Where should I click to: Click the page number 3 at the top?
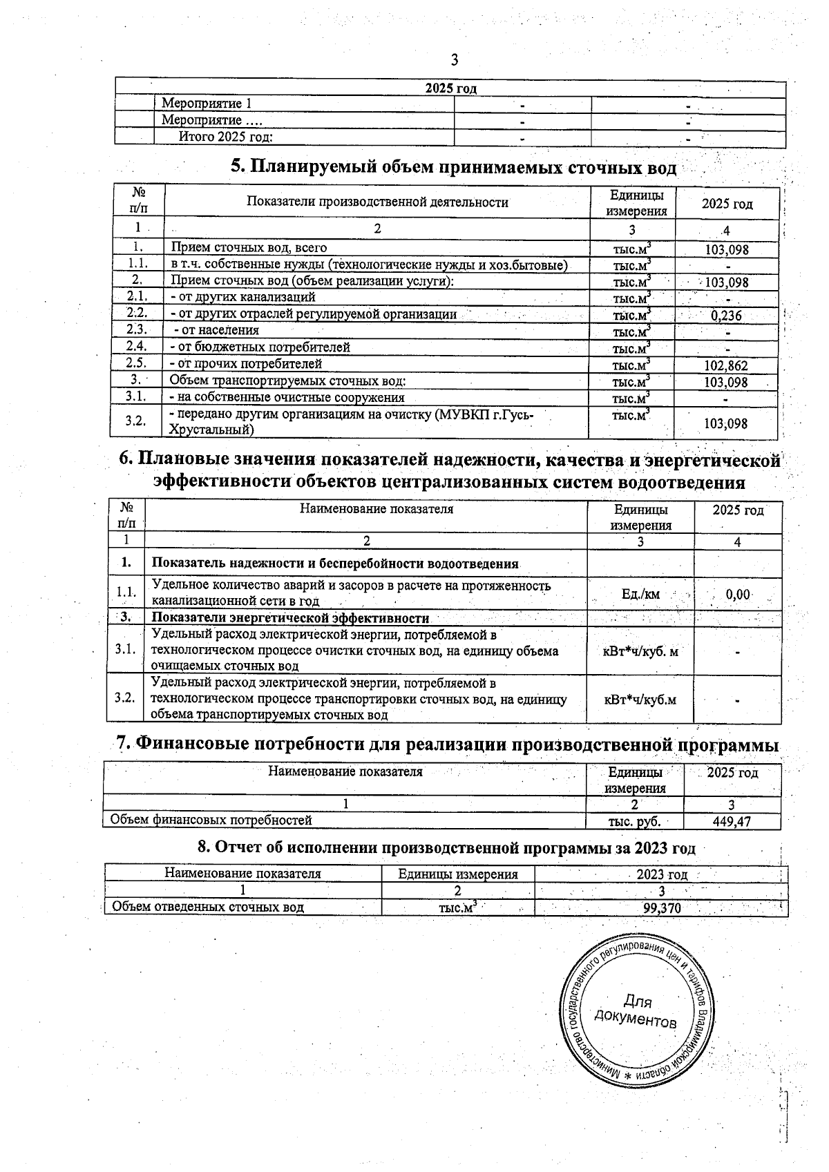pyautogui.click(x=455, y=60)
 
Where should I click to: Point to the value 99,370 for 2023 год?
pyautogui.click(x=662, y=908)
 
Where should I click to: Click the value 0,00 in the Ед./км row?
pyautogui.click(x=739, y=595)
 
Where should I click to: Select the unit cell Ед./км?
pyautogui.click(x=640, y=595)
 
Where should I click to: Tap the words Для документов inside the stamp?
pyautogui.click(x=636, y=1010)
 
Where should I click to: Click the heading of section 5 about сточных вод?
pyautogui.click(x=453, y=167)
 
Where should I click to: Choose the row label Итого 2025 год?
pyautogui.click(x=226, y=137)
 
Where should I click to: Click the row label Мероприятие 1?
pyautogui.click(x=207, y=104)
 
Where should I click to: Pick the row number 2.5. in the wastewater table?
pyautogui.click(x=137, y=363)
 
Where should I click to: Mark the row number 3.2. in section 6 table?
pyautogui.click(x=125, y=698)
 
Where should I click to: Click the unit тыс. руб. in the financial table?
pyautogui.click(x=634, y=821)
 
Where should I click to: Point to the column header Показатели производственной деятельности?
pyautogui.click(x=377, y=202)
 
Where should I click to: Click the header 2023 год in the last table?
pyautogui.click(x=661, y=874)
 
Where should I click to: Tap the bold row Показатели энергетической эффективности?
pyautogui.click(x=290, y=618)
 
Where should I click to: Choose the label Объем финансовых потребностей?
pyautogui.click(x=211, y=820)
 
